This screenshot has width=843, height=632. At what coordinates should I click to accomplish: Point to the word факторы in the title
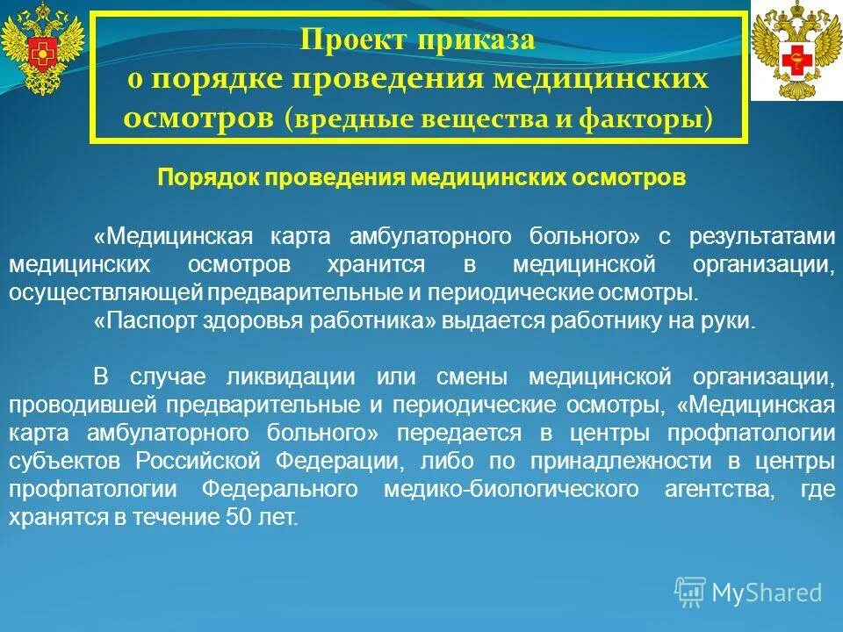(659, 119)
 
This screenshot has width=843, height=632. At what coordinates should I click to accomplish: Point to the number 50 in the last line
(230, 518)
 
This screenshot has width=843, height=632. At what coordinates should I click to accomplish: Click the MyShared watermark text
(766, 592)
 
